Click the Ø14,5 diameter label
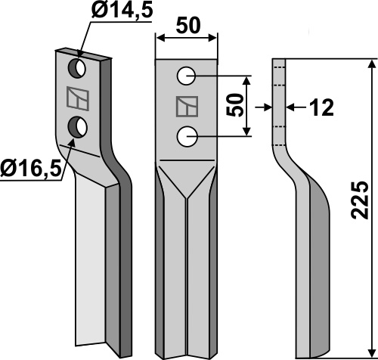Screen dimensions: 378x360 pos(122,11)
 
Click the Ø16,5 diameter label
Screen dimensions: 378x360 pos(31,169)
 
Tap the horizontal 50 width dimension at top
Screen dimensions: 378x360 pos(188,26)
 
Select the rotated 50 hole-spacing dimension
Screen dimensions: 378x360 pos(235,105)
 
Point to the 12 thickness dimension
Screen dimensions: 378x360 pos(321,107)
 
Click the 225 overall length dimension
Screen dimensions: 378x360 pos(360,200)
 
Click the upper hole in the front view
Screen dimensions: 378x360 pos(186,76)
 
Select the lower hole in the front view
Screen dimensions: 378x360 pos(187,137)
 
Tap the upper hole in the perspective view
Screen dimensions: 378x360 pos(77,68)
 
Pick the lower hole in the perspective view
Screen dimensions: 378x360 pos(78,127)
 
